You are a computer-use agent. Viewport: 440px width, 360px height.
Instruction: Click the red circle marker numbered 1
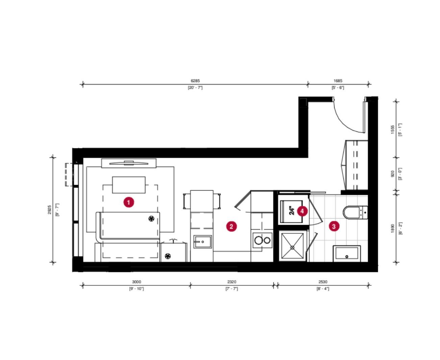click(128, 202)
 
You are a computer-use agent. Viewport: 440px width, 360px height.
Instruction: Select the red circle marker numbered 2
click(231, 226)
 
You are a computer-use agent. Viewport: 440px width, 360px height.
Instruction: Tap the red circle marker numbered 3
click(334, 226)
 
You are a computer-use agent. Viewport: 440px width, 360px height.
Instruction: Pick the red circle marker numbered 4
click(302, 211)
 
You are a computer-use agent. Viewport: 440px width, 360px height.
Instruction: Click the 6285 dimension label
click(195, 81)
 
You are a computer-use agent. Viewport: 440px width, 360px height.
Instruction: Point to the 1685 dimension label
click(338, 81)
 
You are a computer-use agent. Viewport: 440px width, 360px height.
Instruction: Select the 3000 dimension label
click(137, 282)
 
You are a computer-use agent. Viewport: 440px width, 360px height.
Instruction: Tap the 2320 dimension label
click(231, 282)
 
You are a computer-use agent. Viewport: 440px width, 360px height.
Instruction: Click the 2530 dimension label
click(323, 282)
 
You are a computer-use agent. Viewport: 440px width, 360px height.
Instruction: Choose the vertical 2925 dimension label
click(49, 210)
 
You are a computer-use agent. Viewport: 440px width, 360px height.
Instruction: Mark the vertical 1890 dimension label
click(393, 229)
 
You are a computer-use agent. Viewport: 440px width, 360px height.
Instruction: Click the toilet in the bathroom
click(355, 212)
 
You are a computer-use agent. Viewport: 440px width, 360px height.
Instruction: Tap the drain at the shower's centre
click(292, 248)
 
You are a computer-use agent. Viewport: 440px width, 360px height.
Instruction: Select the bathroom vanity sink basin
click(346, 253)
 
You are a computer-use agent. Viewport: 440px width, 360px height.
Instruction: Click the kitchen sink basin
click(202, 242)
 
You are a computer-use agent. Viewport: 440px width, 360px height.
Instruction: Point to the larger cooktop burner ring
click(258, 240)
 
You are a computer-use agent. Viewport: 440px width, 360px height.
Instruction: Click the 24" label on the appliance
click(292, 211)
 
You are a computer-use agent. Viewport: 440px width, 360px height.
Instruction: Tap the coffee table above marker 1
click(129, 185)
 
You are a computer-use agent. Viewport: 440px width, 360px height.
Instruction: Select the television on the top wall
click(129, 163)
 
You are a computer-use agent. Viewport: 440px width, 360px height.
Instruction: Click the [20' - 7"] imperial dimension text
click(195, 87)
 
